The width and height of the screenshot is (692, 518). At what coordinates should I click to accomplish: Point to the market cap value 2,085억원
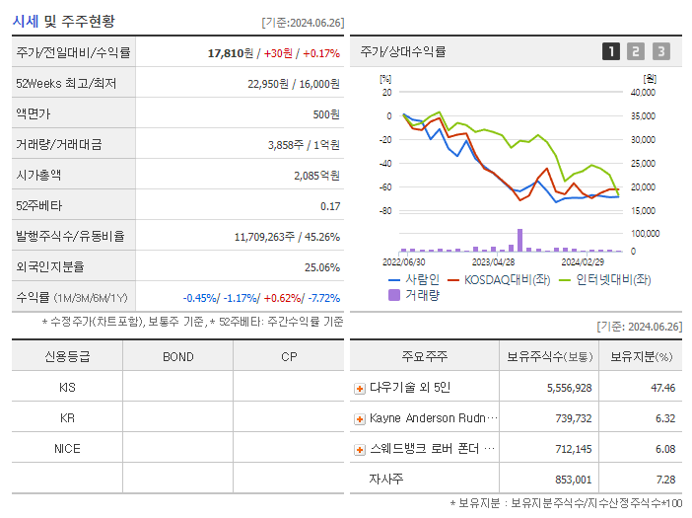click(316, 175)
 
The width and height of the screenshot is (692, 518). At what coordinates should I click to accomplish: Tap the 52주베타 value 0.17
click(330, 206)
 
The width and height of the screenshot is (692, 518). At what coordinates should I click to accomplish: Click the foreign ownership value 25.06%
click(322, 267)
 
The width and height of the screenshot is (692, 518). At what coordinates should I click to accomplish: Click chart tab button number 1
click(611, 52)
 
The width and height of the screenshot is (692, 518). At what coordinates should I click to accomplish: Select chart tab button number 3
click(660, 52)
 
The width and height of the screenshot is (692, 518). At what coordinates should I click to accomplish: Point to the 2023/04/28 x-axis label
click(493, 262)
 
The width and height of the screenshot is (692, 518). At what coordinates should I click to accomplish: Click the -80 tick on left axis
click(385, 211)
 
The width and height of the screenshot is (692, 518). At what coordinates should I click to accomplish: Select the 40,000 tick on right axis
click(642, 93)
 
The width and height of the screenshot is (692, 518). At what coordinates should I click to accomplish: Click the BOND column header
click(177, 356)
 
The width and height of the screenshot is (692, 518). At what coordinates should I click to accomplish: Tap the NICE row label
click(67, 448)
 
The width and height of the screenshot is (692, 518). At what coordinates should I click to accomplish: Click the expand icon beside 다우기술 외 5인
click(360, 389)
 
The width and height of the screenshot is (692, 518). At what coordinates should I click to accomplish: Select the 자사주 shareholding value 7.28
click(663, 479)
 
